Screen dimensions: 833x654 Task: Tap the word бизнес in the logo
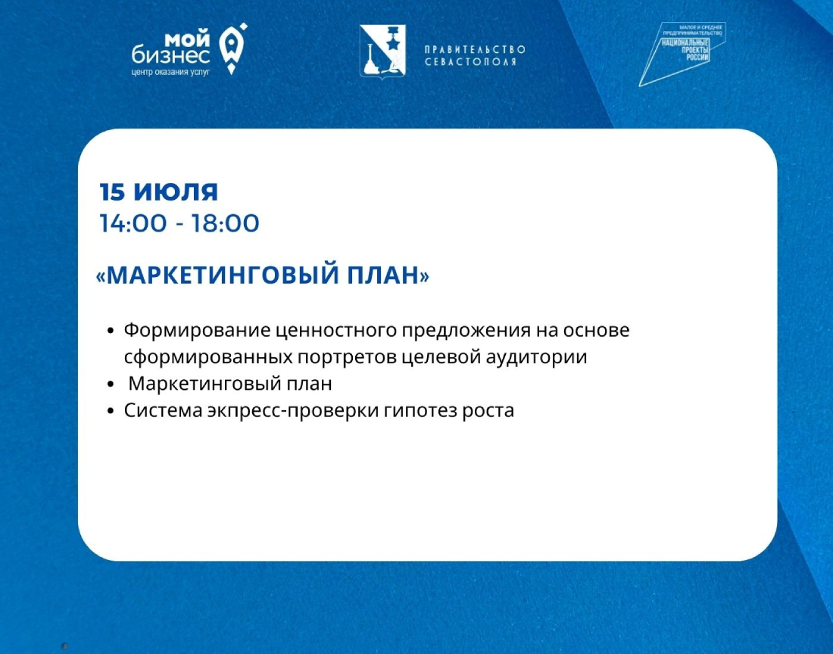[170, 55]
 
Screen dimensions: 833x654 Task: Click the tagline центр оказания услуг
[170, 72]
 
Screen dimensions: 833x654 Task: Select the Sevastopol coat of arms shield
[382, 51]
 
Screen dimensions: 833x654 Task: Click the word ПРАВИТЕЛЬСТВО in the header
[475, 49]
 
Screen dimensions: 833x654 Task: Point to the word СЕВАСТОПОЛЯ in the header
[470, 61]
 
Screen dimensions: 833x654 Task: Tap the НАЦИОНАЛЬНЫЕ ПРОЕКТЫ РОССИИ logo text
[685, 49]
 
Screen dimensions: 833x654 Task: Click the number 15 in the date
[112, 192]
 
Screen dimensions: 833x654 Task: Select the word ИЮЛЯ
[176, 192]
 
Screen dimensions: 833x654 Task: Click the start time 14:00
[133, 223]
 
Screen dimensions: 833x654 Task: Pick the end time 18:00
[225, 223]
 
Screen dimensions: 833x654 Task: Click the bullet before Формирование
[111, 331]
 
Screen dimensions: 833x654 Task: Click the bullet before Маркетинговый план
[111, 385]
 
